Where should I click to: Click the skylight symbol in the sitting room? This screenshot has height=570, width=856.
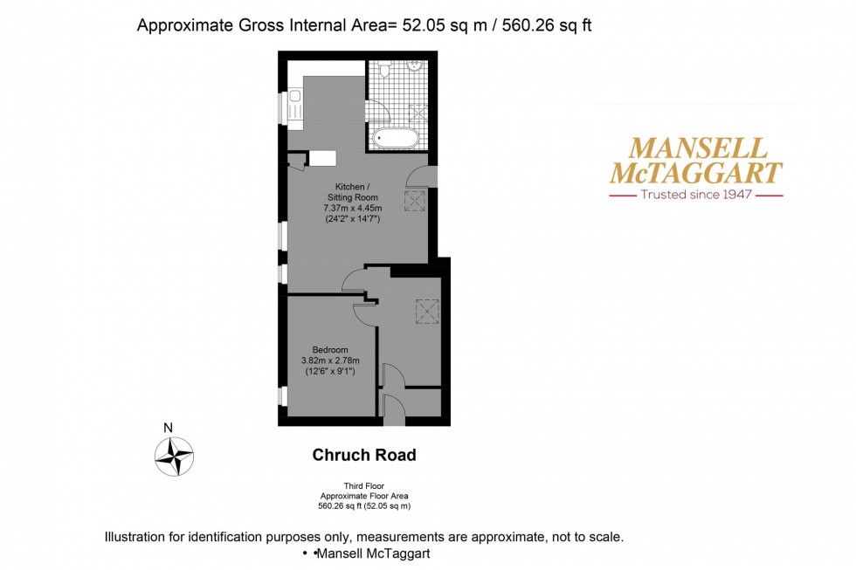point(413,200)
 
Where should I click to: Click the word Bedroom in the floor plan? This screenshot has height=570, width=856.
point(331,350)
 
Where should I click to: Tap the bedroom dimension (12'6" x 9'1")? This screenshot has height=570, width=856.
point(331,371)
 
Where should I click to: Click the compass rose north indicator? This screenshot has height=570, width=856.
point(174,455)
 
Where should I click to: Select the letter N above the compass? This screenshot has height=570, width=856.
point(168,428)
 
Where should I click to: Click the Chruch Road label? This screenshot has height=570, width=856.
point(364,455)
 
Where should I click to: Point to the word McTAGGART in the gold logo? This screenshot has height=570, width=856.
point(696,172)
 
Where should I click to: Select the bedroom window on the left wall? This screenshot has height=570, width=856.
point(282,395)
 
